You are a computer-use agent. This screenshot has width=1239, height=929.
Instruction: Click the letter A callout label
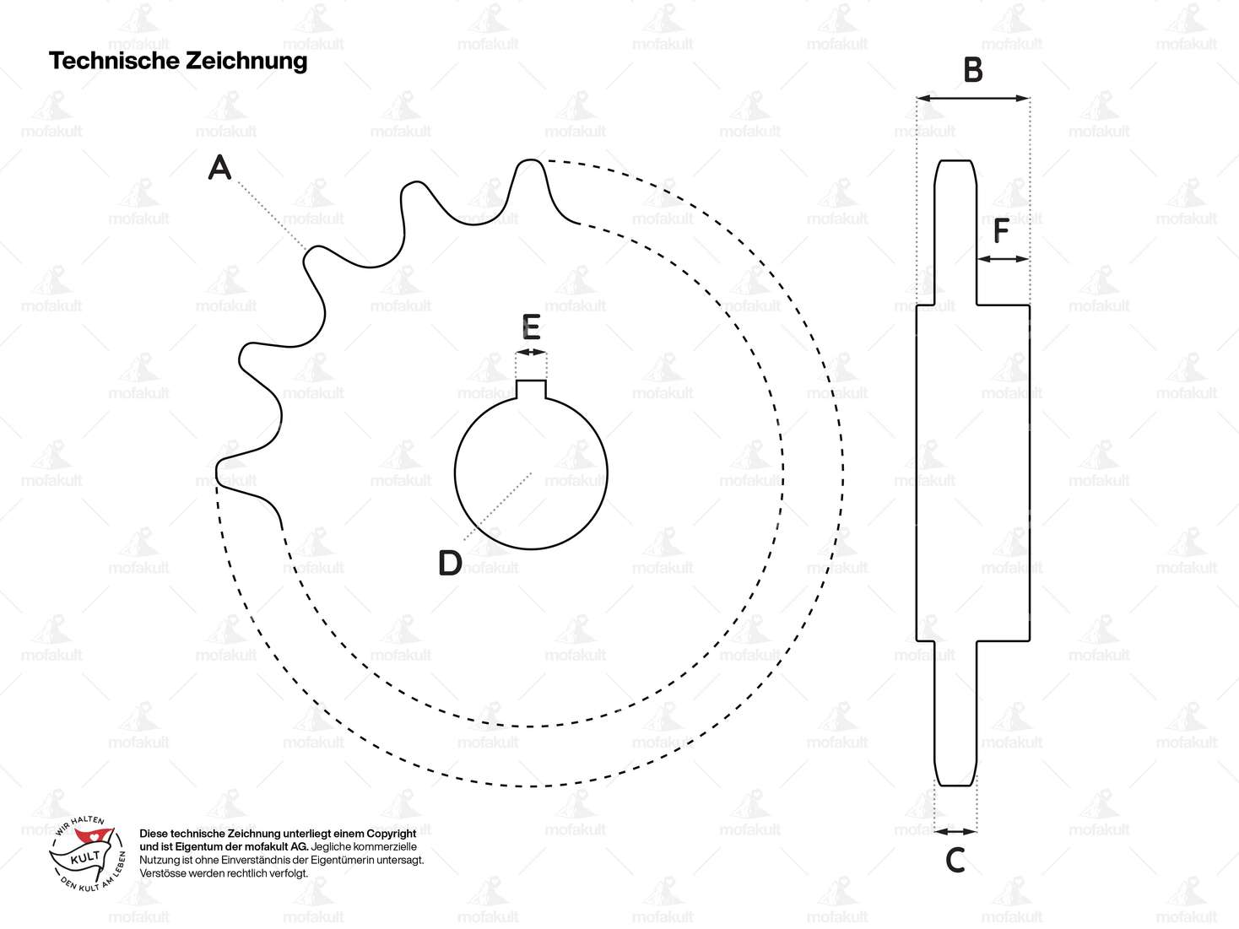[219, 168]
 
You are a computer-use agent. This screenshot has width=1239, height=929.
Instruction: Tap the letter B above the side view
[973, 71]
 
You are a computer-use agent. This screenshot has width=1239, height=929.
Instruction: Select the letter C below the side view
[955, 861]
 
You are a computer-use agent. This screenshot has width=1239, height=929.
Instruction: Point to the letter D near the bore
[450, 563]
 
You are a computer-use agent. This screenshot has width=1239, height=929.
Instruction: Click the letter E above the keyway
[531, 327]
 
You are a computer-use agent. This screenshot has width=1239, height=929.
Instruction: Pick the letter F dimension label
[1001, 230]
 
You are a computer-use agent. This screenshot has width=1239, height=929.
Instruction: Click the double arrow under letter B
[973, 99]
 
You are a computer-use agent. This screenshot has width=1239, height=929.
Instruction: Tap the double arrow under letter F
[1003, 259]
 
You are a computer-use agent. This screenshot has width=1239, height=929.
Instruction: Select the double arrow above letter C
[955, 832]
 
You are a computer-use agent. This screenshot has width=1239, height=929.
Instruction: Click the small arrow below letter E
[531, 352]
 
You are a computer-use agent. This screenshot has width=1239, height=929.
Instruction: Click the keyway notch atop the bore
[531, 388]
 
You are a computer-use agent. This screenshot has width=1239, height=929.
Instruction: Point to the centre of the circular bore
[531, 473]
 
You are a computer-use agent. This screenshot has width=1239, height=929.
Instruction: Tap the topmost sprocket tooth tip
[529, 161]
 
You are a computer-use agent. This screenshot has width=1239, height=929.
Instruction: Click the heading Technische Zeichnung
[178, 61]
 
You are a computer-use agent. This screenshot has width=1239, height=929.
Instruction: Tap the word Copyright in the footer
[389, 834]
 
